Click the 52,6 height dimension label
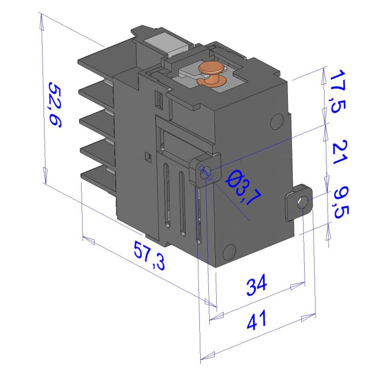[55, 105]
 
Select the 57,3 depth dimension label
[149, 255]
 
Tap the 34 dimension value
[257, 284]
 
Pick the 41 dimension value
[257, 320]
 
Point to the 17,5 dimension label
[338, 92]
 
